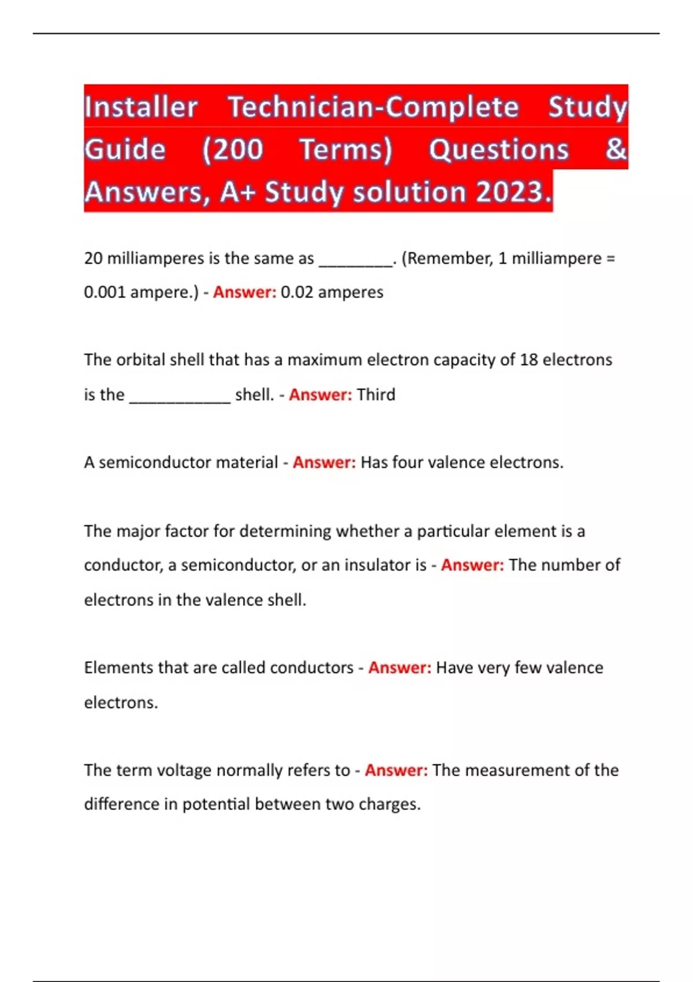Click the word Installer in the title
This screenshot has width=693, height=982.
[141, 107]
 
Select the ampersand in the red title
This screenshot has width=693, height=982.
[616, 149]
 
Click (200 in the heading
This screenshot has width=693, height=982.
[232, 150]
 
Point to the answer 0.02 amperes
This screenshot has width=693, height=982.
[332, 292]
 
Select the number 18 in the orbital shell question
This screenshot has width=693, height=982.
[528, 360]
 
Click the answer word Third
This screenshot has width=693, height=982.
[376, 395]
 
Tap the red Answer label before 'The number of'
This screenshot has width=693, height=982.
[472, 565]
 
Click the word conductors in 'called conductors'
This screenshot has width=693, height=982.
[312, 668]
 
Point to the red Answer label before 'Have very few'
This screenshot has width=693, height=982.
[400, 668]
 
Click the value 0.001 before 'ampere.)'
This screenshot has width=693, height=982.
[105, 292]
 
